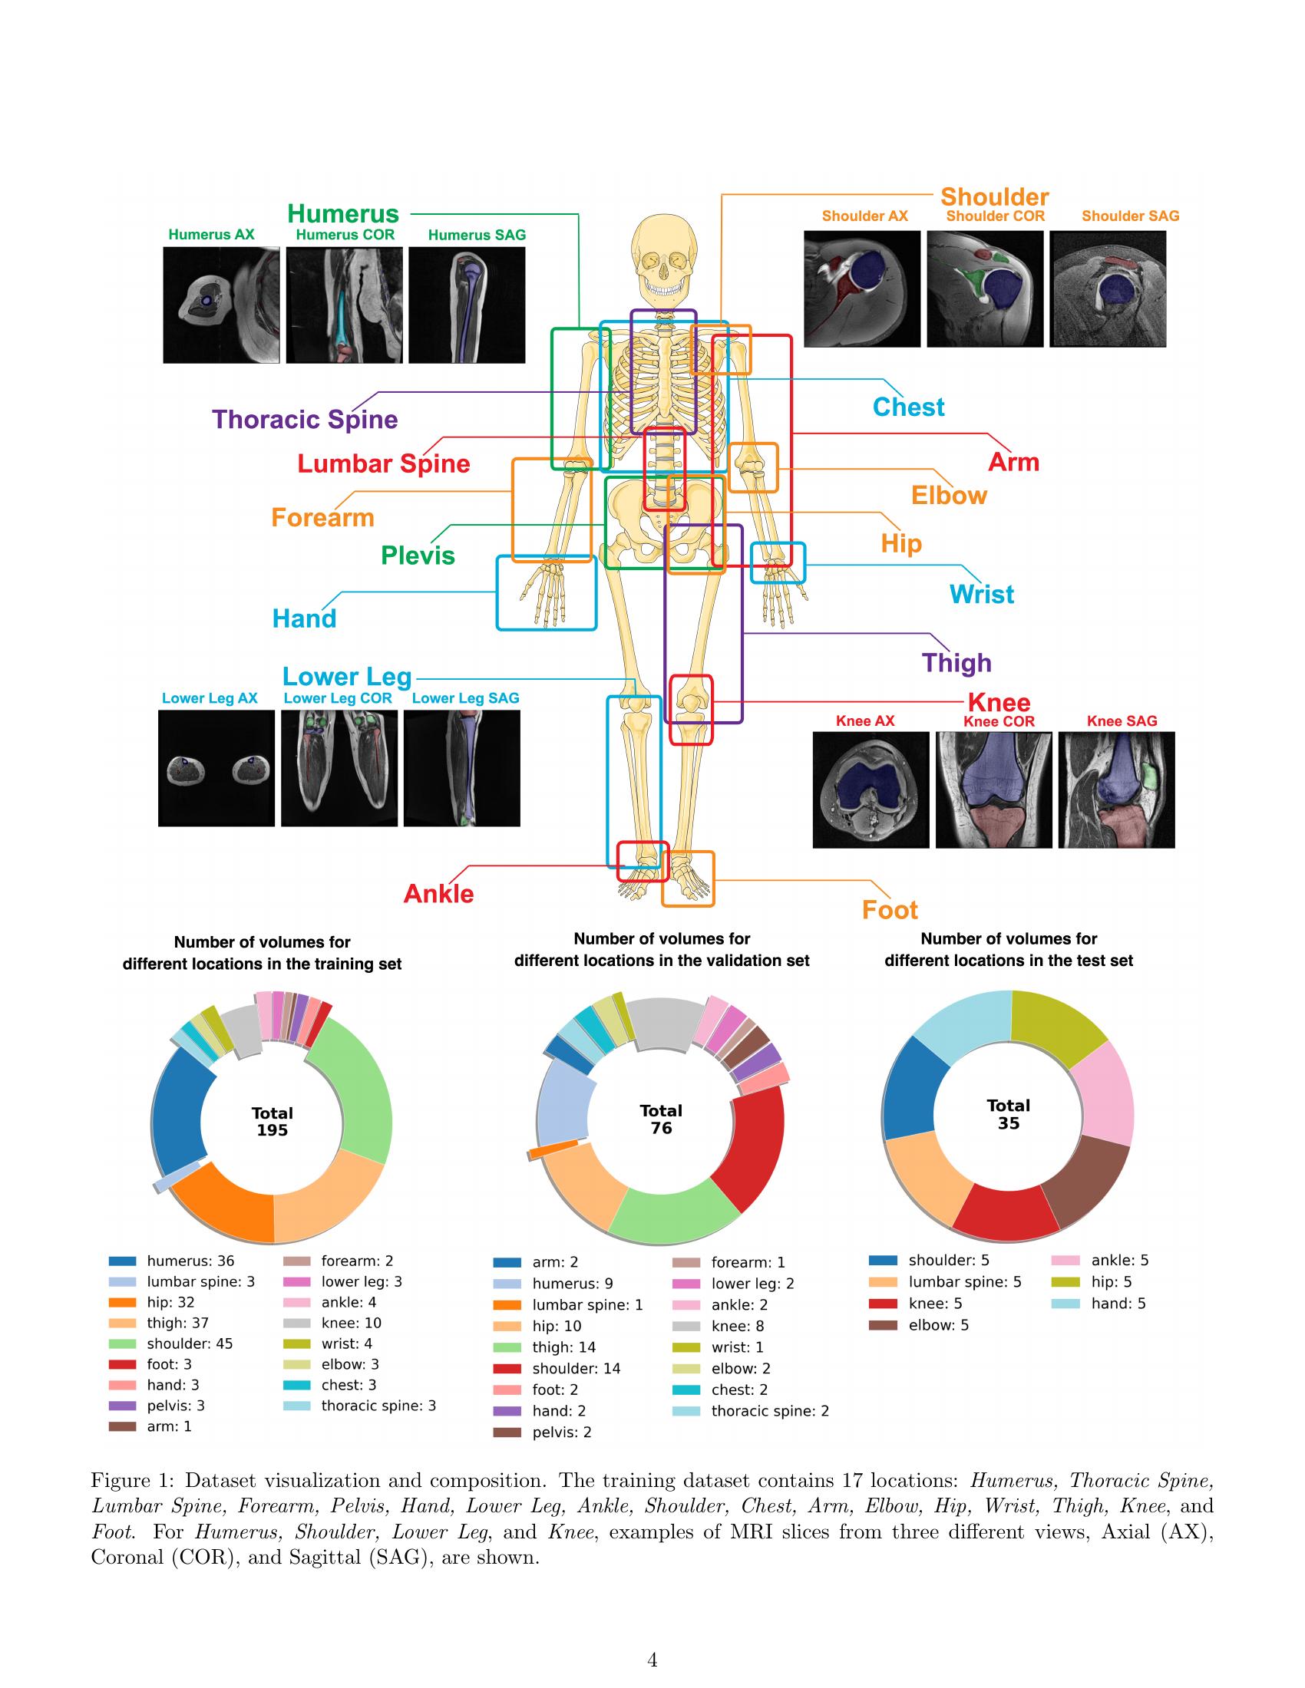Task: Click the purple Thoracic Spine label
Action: coord(305,420)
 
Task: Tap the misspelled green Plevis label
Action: coord(418,556)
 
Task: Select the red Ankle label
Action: coord(438,893)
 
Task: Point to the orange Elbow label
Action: coord(949,496)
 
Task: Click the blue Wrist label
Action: coord(981,595)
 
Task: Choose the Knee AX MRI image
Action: coord(871,790)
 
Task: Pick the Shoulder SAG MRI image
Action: coord(1107,288)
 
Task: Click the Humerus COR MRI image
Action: coord(344,305)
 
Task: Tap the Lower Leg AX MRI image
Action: coord(216,768)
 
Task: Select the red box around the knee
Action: coord(690,710)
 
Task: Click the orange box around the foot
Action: coord(687,879)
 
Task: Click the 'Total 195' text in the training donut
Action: coord(273,1122)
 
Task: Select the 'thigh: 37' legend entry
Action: coord(177,1324)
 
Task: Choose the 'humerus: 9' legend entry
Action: coord(571,1283)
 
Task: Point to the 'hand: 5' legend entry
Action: coord(1117,1303)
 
